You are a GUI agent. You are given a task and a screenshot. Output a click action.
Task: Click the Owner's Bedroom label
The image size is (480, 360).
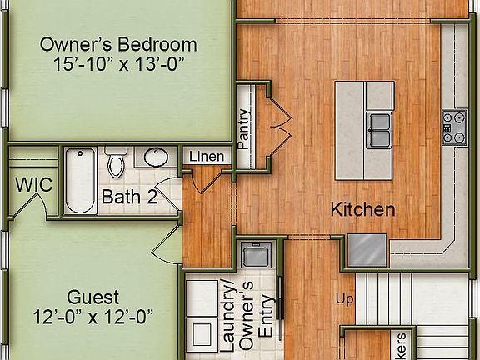point(118,45)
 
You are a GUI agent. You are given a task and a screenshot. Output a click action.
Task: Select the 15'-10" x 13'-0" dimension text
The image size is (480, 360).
point(118,65)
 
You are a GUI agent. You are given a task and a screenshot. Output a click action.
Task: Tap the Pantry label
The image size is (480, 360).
point(244,129)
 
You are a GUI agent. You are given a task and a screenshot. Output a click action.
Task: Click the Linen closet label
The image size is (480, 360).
point(206,157)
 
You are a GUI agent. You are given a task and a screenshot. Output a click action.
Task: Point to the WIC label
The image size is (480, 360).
point(33,184)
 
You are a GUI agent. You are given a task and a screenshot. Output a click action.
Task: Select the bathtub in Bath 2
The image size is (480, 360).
point(80,181)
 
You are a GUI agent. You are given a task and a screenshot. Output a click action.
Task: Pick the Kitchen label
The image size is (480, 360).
point(362,209)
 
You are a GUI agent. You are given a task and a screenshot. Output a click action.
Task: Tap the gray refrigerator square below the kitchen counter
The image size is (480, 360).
point(367,248)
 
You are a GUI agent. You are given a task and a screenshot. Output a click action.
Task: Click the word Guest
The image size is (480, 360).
point(91,297)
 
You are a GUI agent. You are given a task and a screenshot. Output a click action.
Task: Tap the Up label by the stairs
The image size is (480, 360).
point(345,298)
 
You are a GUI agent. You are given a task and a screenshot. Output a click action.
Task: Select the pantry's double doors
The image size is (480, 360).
point(281,125)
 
